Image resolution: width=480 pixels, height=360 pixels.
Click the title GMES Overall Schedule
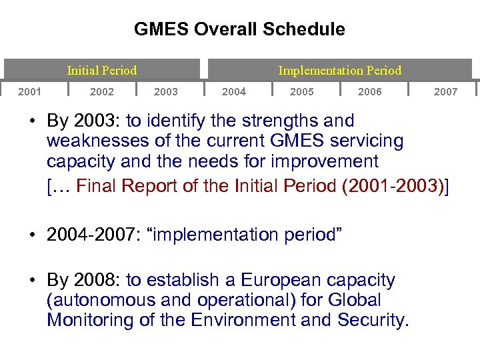[x=239, y=29]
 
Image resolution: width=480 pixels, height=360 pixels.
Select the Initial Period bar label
[x=101, y=70]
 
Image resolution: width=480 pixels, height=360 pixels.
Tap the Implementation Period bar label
[x=339, y=70]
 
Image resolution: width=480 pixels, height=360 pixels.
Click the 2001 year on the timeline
[x=30, y=91]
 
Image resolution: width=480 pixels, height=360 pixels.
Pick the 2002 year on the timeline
[x=101, y=91]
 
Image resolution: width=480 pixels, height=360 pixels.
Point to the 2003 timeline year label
[x=166, y=91]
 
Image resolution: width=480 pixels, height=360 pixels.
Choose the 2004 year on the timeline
[x=233, y=91]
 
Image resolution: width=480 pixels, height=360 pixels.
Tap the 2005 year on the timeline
[x=301, y=91]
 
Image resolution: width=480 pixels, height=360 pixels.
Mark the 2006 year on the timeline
[x=370, y=91]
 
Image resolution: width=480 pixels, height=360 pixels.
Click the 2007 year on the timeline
[x=445, y=91]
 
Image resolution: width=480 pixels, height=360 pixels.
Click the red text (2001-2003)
[x=392, y=186]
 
